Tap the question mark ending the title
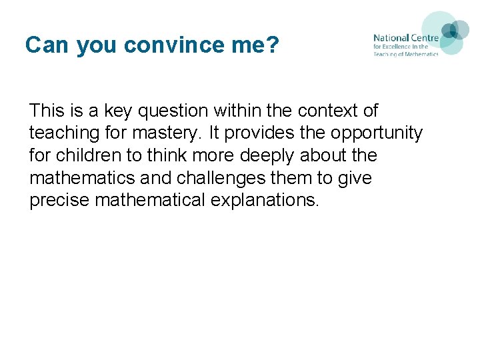(273, 45)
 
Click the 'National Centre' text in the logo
(405, 38)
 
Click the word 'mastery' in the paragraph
(166, 133)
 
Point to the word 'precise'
(59, 201)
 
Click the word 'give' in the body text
(357, 178)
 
